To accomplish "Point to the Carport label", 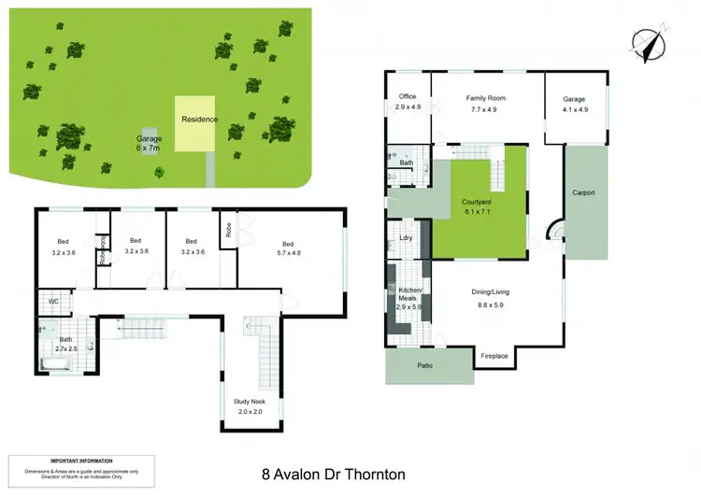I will click(584, 193).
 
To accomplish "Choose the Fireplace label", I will click(494, 356).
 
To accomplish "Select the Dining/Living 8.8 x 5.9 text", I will click(493, 298).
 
